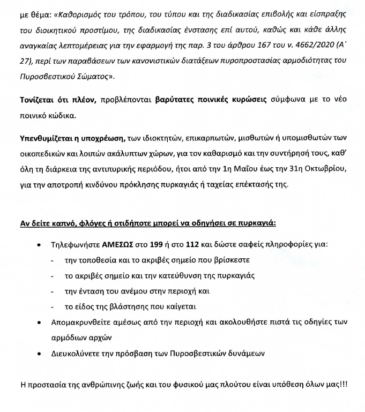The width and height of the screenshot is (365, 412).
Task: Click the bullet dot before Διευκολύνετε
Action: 39,354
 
